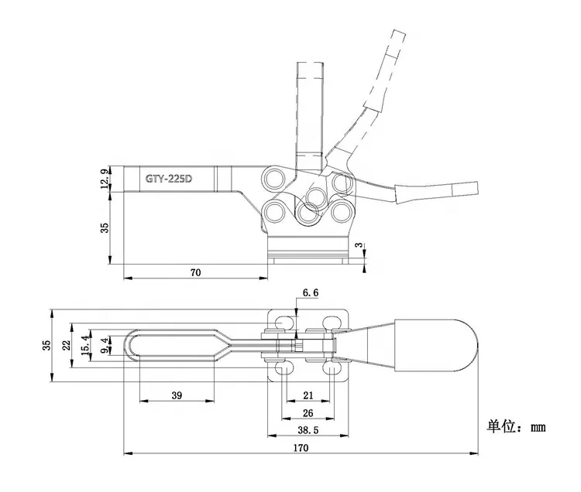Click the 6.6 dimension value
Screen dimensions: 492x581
tap(310, 293)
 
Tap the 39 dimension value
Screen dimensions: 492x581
tap(176, 395)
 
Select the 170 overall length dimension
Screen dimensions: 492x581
tap(300, 448)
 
